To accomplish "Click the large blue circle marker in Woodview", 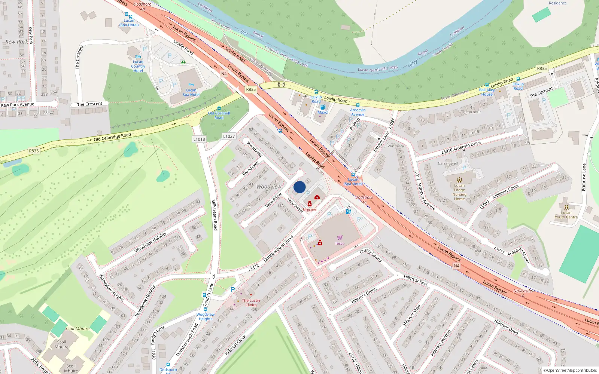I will coord(299,187).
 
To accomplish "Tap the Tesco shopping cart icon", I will coord(340,237).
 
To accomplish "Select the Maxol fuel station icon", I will coord(323,107).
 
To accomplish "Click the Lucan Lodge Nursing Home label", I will coord(459,192).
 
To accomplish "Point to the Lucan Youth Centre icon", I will coord(566,207).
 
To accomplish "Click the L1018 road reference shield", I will coord(199,139).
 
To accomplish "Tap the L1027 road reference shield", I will coord(229,136).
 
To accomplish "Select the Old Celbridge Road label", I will coord(112,137).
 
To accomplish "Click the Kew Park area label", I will coord(16,42).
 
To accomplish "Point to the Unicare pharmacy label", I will coord(310,209).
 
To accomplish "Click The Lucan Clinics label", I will coord(251,303).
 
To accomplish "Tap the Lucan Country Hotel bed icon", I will coord(138,57).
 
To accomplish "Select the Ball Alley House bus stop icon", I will coord(487,85).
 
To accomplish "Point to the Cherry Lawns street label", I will coord(370,255).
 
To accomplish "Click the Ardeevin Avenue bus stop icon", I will coord(358,105).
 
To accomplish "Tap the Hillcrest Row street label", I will coord(415,280).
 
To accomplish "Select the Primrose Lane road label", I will coord(584,177).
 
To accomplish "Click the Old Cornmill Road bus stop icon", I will coord(219,108).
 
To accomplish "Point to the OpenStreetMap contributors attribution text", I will coord(570,370).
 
